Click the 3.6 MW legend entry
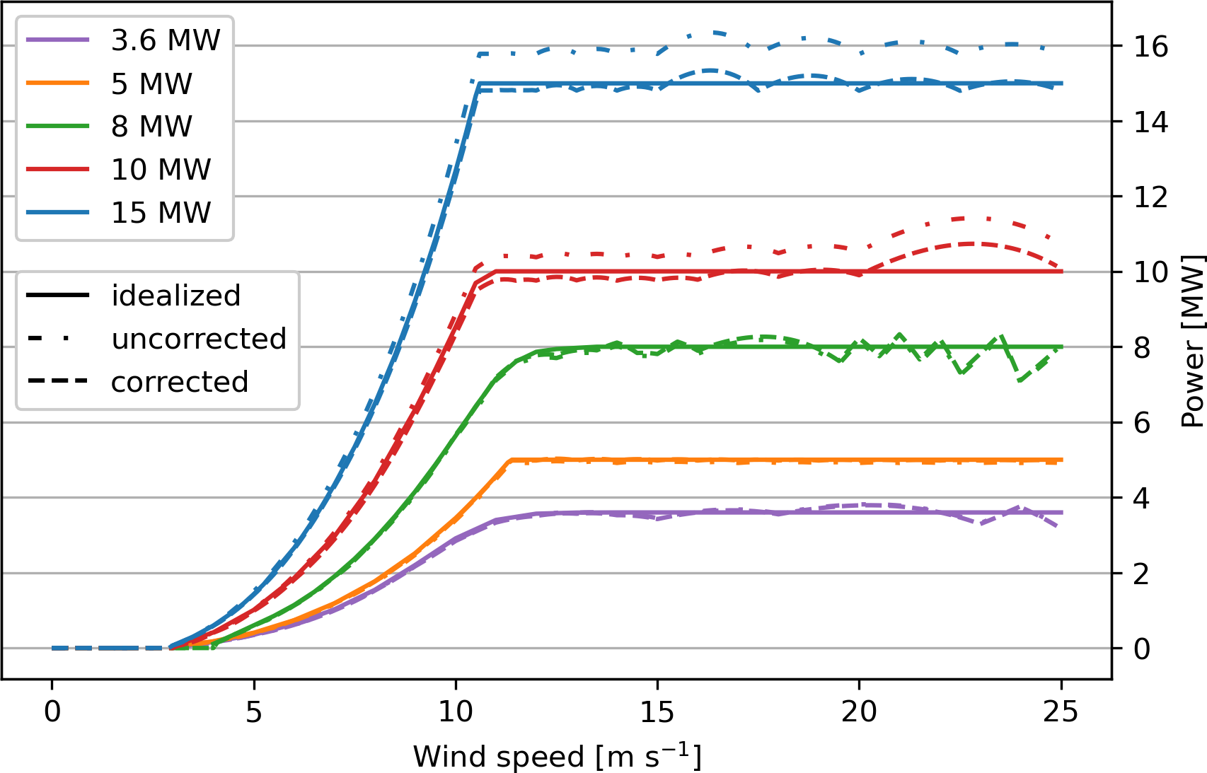tap(166, 40)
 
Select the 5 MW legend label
tap(151, 83)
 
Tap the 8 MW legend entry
tap(151, 127)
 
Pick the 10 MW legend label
tap(161, 170)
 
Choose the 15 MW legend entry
tap(161, 213)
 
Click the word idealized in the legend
tap(176, 296)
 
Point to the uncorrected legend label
tap(199, 339)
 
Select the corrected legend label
tap(180, 382)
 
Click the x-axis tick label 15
tap(657, 711)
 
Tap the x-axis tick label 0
tap(52, 711)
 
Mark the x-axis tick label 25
tap(1061, 711)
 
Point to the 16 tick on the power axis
tap(1150, 47)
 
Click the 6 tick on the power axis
tap(1142, 423)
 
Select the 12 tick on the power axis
tap(1150, 197)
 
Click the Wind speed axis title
tap(557, 756)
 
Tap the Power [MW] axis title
tap(1192, 341)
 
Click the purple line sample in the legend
tap(58, 40)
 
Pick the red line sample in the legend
tap(58, 170)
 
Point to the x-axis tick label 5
tap(254, 711)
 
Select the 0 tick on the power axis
tap(1142, 649)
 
